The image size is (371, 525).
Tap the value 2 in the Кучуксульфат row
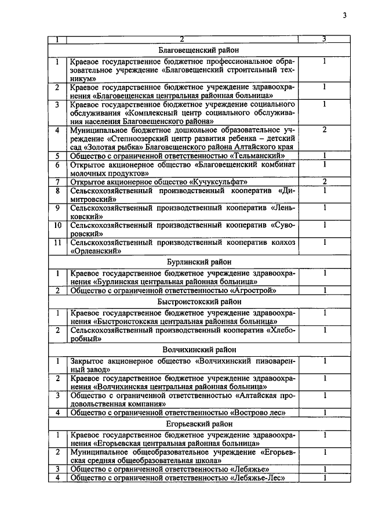[325, 182]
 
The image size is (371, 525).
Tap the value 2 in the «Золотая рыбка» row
[325, 130]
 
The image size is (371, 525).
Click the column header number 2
[181, 39]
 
